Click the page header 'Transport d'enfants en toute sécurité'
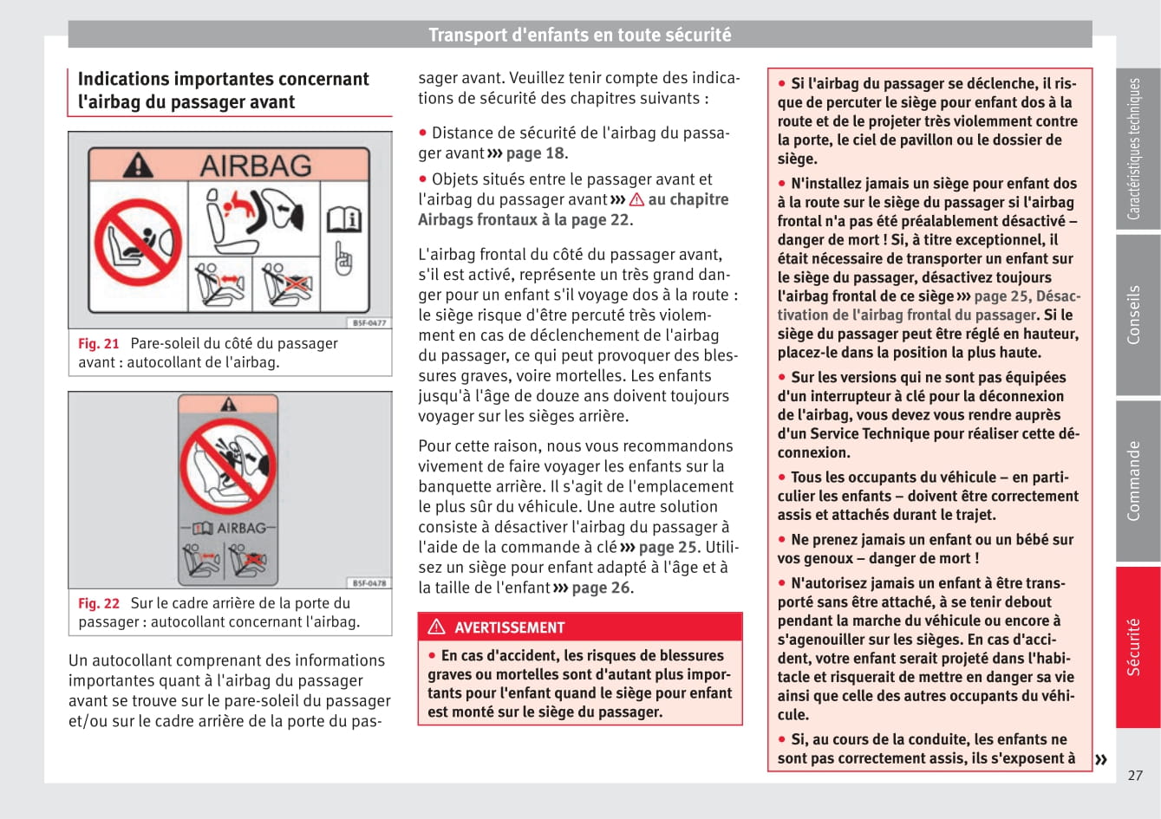[579, 35]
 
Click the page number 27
[1135, 776]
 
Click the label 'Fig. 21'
[98, 343]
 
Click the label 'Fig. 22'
[98, 603]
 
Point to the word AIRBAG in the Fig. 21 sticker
[256, 166]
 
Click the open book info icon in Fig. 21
[343, 220]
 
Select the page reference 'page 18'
[535, 153]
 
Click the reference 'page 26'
[601, 588]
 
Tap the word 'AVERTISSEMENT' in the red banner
[509, 627]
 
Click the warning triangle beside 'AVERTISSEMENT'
[436, 627]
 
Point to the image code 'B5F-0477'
[369, 322]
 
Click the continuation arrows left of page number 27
[1100, 760]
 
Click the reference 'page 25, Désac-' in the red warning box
[1027, 296]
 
